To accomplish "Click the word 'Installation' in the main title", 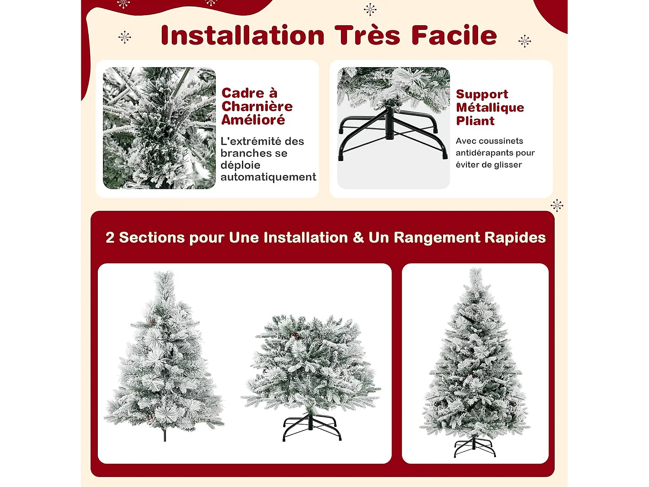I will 242,35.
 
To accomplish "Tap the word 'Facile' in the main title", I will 454,35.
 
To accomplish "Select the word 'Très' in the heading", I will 367,35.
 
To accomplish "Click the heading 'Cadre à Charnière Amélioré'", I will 257,106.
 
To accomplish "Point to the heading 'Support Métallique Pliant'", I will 489,107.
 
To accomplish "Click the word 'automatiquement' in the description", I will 268,177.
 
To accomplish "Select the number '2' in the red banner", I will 110,238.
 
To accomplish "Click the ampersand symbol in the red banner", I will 358,238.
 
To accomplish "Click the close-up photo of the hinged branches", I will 159,128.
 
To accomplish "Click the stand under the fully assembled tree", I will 475,447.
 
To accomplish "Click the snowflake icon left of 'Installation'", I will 125,37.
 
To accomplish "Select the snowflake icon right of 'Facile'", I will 524,41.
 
